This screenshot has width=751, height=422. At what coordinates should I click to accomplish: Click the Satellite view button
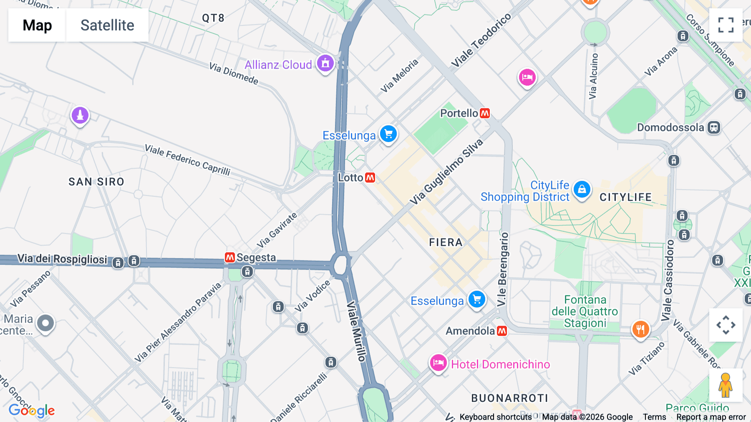pyautogui.click(x=107, y=25)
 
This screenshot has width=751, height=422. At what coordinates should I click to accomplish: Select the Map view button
pyautogui.click(x=37, y=25)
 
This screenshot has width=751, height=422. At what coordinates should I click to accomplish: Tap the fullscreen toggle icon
pyautogui.click(x=726, y=25)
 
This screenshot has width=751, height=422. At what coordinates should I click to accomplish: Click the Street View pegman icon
pyautogui.click(x=725, y=385)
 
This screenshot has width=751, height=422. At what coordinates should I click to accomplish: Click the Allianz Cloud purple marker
pyautogui.click(x=325, y=64)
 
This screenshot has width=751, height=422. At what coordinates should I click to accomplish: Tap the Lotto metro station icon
pyautogui.click(x=370, y=178)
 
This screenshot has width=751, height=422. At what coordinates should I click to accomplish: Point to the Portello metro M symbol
pyautogui.click(x=485, y=113)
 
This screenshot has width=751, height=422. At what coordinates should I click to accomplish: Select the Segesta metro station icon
pyautogui.click(x=230, y=257)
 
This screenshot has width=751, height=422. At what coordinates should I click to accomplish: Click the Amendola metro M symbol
pyautogui.click(x=502, y=331)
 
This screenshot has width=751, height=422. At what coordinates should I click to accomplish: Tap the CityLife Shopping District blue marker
pyautogui.click(x=582, y=189)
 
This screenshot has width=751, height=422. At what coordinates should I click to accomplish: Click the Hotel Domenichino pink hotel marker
pyautogui.click(x=438, y=363)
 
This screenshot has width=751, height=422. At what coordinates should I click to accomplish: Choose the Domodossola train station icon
pyautogui.click(x=714, y=127)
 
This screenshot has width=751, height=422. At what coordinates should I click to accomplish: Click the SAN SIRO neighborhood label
pyautogui.click(x=96, y=182)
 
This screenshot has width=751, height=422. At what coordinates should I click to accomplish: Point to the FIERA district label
pyautogui.click(x=446, y=242)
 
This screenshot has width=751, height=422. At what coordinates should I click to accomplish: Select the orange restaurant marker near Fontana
pyautogui.click(x=640, y=329)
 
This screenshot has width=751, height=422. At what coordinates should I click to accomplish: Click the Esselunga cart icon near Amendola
pyautogui.click(x=477, y=300)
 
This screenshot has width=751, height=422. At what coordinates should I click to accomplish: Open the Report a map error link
pyautogui.click(x=711, y=417)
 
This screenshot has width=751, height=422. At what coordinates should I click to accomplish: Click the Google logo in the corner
pyautogui.click(x=32, y=411)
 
